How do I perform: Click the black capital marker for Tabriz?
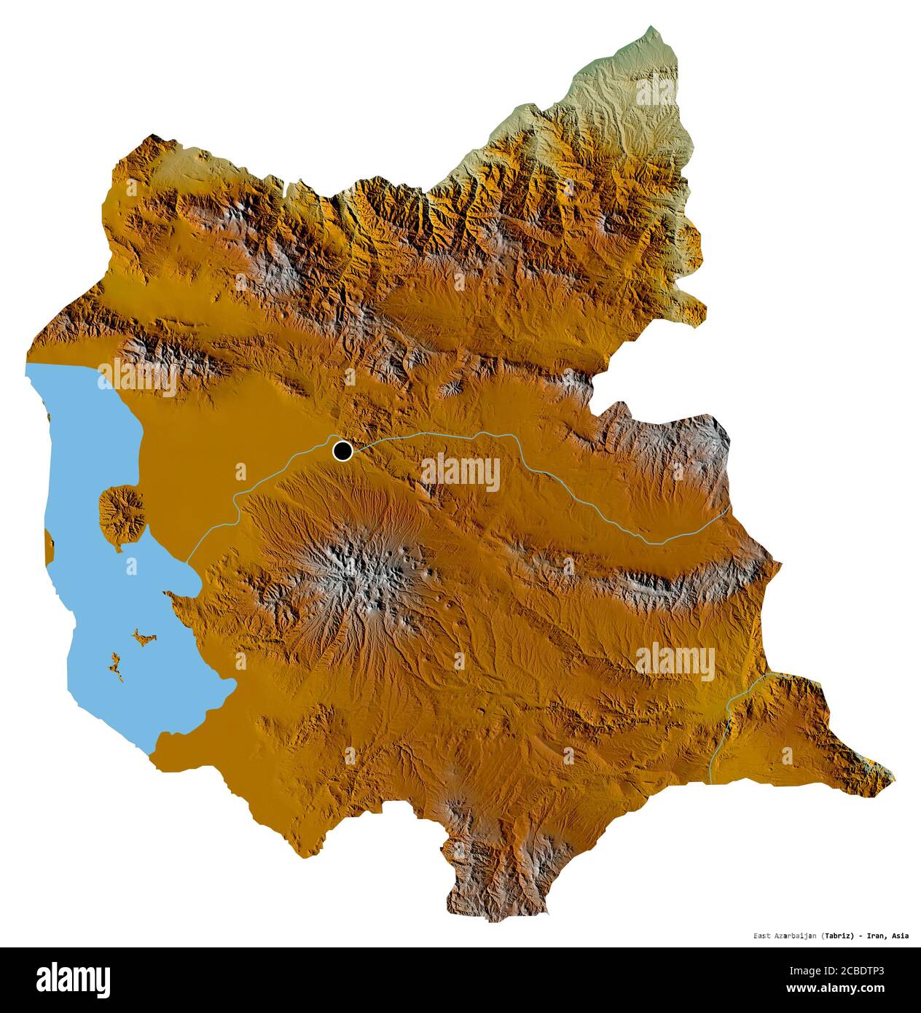point(342,451)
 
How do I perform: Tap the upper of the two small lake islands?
point(144,639)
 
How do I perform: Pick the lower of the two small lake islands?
point(115,666)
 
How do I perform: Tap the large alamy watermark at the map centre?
point(460,474)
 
